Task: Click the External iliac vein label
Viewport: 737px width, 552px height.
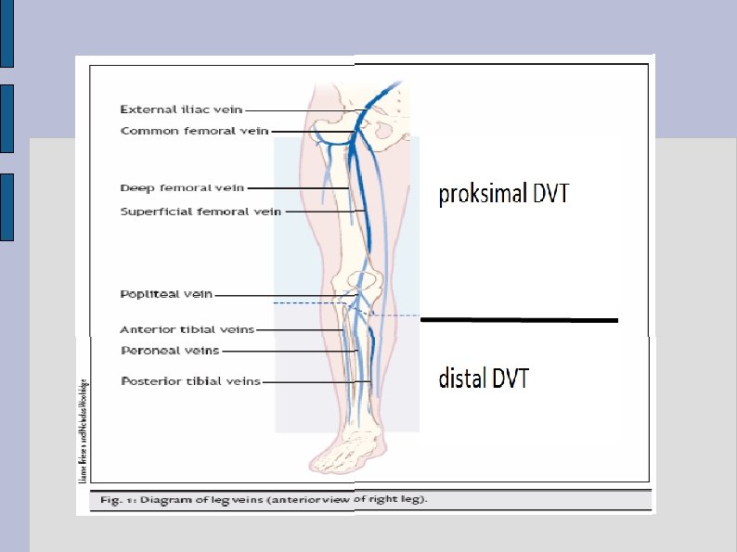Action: tap(181, 109)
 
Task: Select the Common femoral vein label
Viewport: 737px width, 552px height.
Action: tap(194, 131)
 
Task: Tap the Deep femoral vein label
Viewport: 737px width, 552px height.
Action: tap(182, 188)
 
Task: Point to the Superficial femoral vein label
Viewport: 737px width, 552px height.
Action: tap(200, 212)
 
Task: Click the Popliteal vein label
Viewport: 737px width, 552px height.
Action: tap(166, 294)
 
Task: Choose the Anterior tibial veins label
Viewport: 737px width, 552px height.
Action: tap(187, 329)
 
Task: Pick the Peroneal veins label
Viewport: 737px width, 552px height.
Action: tap(170, 351)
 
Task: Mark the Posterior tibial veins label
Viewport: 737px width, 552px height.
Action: tap(190, 381)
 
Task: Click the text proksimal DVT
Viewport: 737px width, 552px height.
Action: tap(503, 194)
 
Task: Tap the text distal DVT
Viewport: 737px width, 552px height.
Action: tap(484, 378)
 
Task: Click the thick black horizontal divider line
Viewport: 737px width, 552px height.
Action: tap(519, 320)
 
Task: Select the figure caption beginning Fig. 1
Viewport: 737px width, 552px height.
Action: tap(264, 499)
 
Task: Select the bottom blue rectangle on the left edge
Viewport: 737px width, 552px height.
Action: tap(6, 206)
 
